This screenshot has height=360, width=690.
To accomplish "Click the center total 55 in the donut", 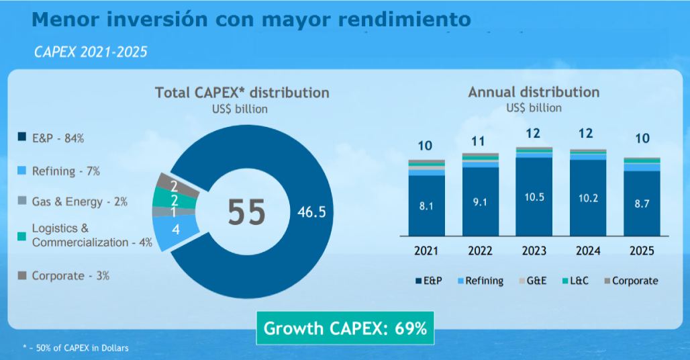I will click(246, 212).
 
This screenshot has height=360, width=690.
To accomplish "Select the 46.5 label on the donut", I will click(311, 212).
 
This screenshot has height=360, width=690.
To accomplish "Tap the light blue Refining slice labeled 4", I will click(175, 229).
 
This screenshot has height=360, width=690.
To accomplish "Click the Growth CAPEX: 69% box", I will click(345, 328).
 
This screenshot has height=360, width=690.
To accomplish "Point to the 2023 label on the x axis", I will click(534, 251).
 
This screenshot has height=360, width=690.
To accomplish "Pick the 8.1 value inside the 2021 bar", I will click(426, 206).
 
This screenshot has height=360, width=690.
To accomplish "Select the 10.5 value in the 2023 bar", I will click(534, 197).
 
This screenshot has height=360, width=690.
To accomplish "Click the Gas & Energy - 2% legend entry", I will click(72, 201).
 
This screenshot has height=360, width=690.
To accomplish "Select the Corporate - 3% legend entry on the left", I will click(64, 275).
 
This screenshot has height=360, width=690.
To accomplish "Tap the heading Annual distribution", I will click(534, 92).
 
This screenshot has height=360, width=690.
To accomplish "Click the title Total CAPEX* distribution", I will click(242, 92).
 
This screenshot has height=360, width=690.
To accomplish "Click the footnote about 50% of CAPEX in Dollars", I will click(75, 348).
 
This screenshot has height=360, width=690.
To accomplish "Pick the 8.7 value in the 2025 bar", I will click(641, 203).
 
